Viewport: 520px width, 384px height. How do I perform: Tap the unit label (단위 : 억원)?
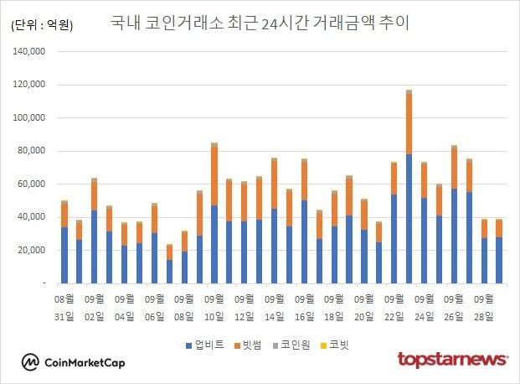42,25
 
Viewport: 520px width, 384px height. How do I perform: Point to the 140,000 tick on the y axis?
31,51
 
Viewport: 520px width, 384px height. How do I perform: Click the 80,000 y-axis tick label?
33,151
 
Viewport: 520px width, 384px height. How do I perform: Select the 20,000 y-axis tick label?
33,250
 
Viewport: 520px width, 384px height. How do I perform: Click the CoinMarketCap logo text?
74,362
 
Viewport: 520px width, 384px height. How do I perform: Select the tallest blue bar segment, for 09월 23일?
409,218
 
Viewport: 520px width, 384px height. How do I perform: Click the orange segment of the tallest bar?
409,122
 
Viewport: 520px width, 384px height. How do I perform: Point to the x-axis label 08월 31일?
64,307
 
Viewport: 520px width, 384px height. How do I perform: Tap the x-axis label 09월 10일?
214,307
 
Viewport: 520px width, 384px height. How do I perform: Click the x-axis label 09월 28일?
485,307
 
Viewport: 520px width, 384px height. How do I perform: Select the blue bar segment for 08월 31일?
64,255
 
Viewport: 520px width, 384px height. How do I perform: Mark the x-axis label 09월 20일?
364,307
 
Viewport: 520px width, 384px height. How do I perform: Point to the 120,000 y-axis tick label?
31,85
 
